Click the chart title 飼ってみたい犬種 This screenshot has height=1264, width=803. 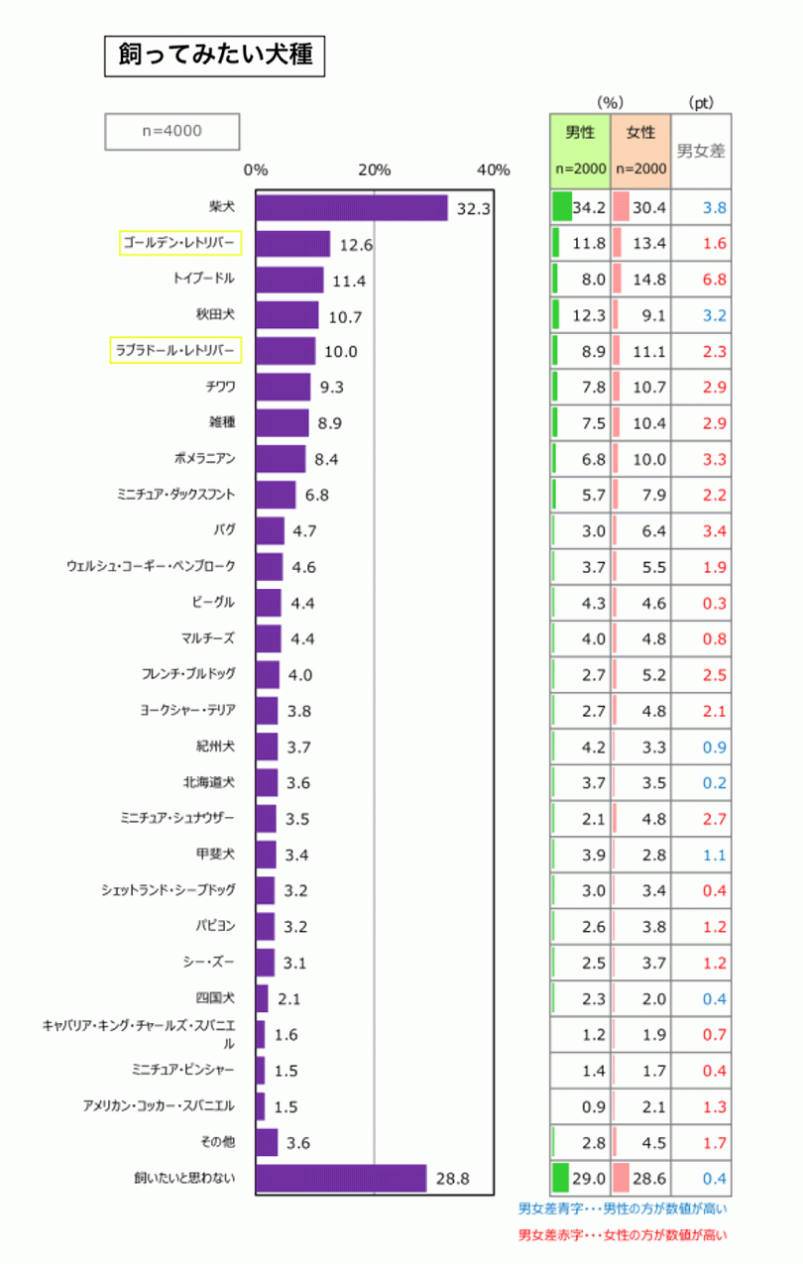click(214, 57)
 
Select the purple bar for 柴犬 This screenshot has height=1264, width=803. click(351, 208)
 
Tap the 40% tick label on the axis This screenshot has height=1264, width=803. click(493, 170)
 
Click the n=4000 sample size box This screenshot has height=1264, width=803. click(172, 131)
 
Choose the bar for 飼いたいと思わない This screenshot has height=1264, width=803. click(340, 1178)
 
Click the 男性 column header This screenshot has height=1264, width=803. click(580, 132)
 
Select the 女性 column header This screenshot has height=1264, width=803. click(640, 132)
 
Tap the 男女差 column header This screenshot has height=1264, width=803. click(701, 152)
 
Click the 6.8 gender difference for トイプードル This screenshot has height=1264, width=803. click(714, 280)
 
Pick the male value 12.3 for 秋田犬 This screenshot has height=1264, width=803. click(593, 315)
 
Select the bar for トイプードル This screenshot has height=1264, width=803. click(289, 280)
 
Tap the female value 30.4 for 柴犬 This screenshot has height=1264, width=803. click(649, 208)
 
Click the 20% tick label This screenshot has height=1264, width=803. click(374, 170)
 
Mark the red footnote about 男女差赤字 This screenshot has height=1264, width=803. click(623, 1235)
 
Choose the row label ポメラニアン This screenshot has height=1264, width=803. click(203, 458)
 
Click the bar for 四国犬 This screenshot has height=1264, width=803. click(262, 998)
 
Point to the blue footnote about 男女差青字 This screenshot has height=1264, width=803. click(623, 1208)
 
